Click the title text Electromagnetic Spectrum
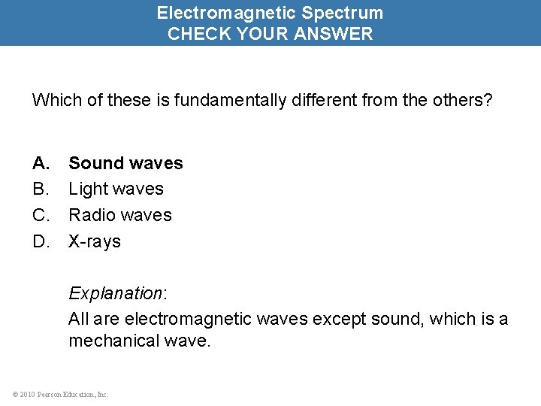[x=270, y=13]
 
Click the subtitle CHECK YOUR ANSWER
[x=270, y=34]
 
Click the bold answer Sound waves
[x=125, y=163]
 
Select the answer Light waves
[x=116, y=189]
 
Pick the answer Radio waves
[x=120, y=215]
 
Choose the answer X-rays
[x=95, y=241]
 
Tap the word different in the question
[x=316, y=100]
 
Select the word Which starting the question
[x=53, y=100]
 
